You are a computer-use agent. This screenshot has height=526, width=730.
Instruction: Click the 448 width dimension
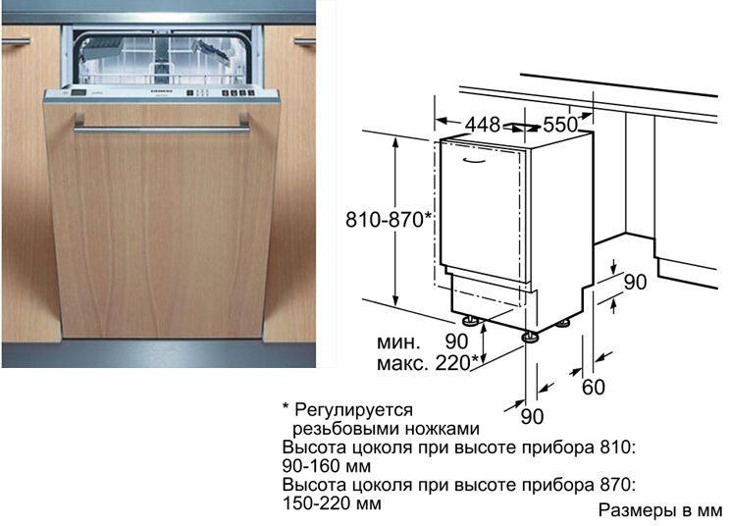click(483, 125)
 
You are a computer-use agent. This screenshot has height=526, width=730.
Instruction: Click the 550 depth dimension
click(560, 125)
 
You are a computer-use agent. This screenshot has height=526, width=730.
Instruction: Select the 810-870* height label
click(389, 220)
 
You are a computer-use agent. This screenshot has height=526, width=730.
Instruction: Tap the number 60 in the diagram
click(593, 387)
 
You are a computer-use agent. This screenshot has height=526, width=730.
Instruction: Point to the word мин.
click(398, 342)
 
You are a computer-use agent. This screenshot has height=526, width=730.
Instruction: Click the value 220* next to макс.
click(456, 363)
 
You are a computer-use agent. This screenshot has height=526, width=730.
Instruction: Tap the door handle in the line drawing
click(475, 161)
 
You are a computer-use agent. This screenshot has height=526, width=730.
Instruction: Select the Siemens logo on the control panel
click(163, 91)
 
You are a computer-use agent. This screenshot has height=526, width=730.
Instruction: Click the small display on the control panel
click(78, 92)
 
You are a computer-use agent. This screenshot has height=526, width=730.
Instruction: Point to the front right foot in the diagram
click(529, 337)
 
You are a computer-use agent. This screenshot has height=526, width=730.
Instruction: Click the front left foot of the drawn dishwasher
click(468, 321)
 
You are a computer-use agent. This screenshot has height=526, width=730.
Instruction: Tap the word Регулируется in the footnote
click(354, 410)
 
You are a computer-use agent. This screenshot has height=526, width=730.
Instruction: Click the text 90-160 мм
click(327, 466)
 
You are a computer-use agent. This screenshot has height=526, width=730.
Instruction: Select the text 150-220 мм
click(332, 503)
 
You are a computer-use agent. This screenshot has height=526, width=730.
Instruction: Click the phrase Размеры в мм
click(659, 510)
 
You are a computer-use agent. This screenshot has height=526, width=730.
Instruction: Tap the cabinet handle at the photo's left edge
click(16, 42)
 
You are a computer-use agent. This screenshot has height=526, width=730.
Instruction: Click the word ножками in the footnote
click(443, 429)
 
